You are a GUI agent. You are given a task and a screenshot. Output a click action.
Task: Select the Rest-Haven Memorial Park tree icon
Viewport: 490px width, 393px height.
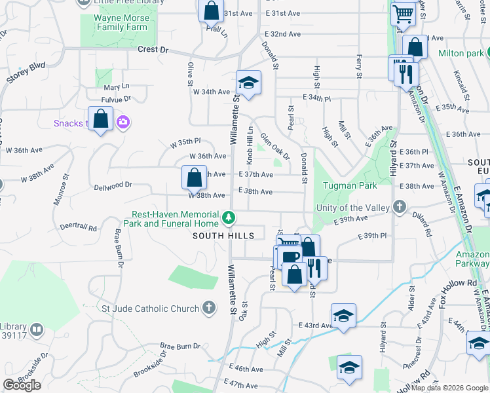point(229,217)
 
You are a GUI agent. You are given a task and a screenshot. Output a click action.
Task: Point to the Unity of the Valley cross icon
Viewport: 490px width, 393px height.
point(400,208)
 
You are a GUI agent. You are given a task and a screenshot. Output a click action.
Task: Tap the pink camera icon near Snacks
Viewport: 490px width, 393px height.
point(122,122)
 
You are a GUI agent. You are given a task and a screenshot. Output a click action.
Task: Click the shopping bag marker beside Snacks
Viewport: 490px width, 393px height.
point(100,119)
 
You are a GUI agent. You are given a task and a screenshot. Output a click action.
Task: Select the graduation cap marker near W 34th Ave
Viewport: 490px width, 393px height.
point(248,83)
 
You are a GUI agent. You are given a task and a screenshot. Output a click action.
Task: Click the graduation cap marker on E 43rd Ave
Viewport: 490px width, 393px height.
point(343,316)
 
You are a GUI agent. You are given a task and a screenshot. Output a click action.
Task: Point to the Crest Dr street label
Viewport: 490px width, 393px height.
point(153,50)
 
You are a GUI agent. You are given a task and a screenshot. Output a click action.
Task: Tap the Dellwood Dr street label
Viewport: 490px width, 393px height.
point(113,185)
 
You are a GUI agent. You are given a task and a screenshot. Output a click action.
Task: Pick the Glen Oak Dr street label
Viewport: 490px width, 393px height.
point(274,147)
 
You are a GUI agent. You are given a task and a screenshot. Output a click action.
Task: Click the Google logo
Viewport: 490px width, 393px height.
point(22,385)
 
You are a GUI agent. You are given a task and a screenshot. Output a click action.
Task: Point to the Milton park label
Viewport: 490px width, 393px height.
point(457,53)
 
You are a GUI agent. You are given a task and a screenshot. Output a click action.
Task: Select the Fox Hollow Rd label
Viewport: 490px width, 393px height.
point(459,282)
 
